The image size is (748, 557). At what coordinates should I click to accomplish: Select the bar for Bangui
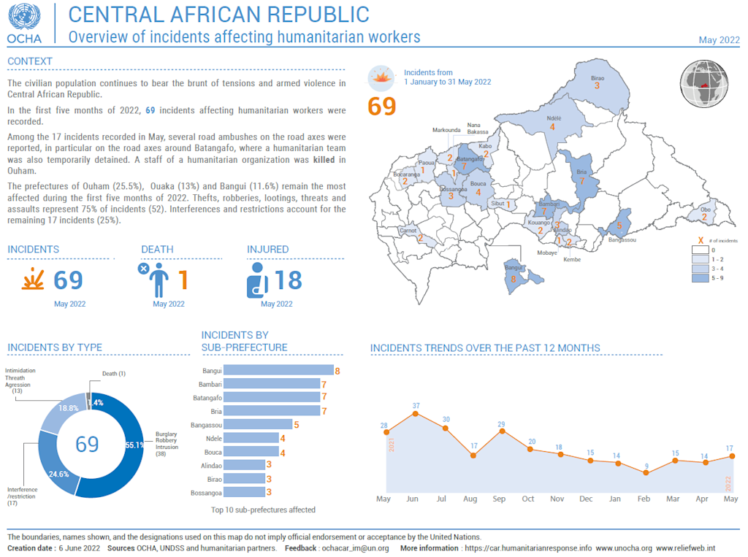click(278, 371)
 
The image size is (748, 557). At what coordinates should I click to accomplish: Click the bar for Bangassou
click(257, 424)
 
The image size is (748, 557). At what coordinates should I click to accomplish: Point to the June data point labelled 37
click(416, 414)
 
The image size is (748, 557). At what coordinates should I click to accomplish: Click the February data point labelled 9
click(646, 473)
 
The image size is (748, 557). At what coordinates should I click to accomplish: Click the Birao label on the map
click(597, 77)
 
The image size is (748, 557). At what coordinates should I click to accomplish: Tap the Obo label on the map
click(705, 209)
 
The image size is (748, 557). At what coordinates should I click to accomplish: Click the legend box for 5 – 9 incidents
click(701, 278)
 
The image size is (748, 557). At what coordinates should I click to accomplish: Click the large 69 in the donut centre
click(87, 443)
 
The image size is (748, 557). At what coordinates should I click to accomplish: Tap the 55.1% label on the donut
click(134, 445)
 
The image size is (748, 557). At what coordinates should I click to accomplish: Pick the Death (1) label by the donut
click(113, 374)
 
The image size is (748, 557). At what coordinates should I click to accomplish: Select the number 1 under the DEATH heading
click(183, 280)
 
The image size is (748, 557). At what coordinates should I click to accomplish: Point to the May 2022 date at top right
click(719, 40)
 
